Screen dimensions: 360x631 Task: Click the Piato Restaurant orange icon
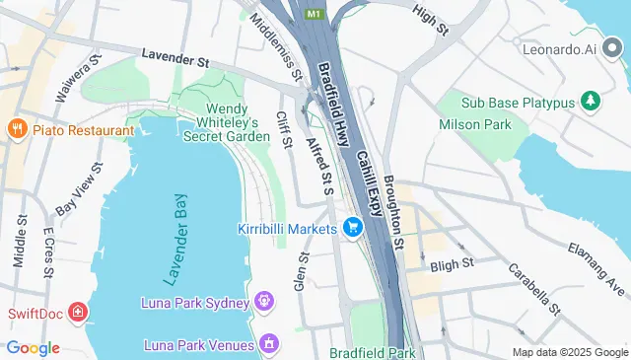pos(16,130)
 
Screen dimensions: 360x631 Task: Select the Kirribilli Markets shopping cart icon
pos(352,228)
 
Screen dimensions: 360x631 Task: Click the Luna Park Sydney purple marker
pos(264,300)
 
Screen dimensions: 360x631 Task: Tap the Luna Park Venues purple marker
pos(267,344)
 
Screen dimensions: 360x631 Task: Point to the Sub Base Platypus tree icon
pos(591,100)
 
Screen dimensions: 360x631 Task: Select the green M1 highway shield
pos(314,14)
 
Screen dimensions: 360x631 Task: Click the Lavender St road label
pos(175,59)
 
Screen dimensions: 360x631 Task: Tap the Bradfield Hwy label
pos(336,107)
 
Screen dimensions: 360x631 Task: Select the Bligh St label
pos(453,264)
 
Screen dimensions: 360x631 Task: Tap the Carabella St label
pos(533,287)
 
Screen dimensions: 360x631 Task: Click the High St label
pos(431,20)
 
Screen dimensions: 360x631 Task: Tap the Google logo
pos(33,347)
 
